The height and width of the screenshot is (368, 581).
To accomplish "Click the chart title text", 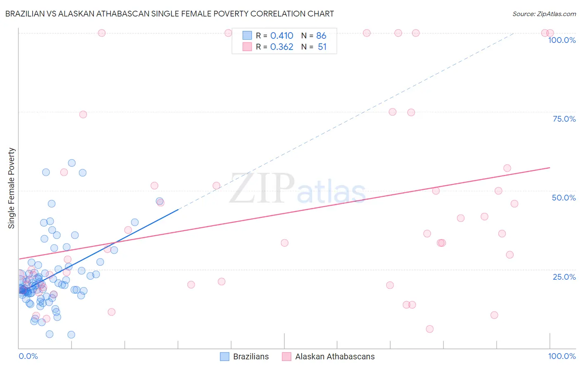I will [169, 14].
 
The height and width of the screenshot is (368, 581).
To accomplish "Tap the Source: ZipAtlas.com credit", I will [544, 14].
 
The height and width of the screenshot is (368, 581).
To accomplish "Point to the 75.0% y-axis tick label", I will [564, 119].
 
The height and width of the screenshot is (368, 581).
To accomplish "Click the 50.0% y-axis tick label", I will [564, 198].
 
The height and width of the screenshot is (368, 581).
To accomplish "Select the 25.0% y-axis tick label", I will [564, 277].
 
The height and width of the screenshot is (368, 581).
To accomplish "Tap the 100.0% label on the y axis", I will [562, 40].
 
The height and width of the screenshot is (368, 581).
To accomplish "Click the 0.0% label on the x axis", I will [28, 356].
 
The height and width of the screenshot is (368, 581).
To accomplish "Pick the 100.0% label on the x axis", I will [562, 356].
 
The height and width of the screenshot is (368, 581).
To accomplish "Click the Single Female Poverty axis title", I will [12, 188].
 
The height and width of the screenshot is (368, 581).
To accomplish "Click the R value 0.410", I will [281, 36].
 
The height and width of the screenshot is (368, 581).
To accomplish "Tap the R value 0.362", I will [281, 47].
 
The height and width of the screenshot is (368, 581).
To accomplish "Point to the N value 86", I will [321, 36].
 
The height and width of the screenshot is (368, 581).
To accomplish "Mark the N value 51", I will [322, 47].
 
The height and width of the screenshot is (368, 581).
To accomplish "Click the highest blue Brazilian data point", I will [72, 163].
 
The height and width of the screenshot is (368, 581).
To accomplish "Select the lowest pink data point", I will [430, 329].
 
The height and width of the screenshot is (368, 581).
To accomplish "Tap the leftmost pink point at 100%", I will [102, 33].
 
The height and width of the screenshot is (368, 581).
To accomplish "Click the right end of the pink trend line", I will [550, 167].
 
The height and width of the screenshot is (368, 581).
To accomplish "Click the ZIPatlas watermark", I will [298, 189].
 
